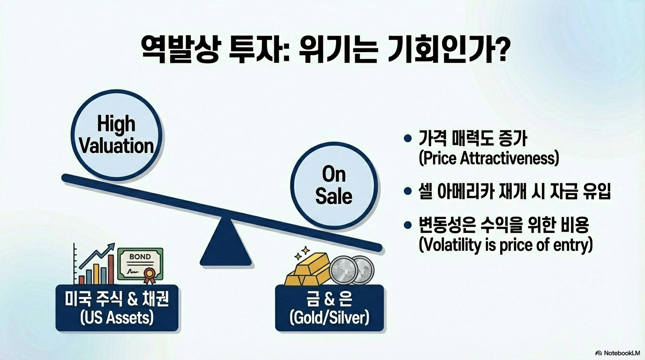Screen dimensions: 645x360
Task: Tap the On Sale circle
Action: [x=334, y=185]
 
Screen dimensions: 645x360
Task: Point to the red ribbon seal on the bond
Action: [x=150, y=275]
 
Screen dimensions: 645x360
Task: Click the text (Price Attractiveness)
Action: [x=488, y=158]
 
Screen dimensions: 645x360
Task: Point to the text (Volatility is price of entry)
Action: [x=505, y=245]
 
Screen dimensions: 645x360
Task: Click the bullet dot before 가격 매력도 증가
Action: [x=407, y=139]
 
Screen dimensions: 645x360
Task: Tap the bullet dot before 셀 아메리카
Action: [x=407, y=192]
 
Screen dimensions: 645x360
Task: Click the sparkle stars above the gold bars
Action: [x=300, y=254]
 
